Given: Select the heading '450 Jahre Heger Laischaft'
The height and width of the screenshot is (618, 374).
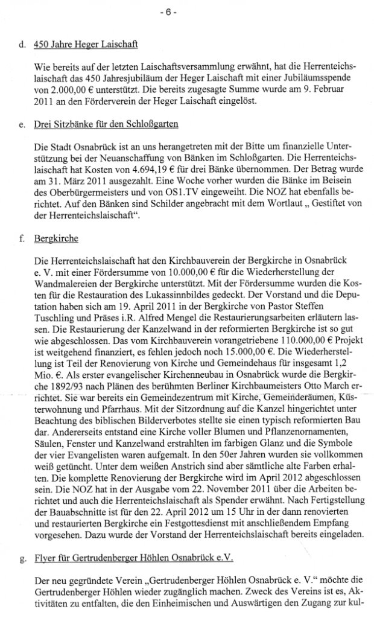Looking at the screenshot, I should coord(86,44).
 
